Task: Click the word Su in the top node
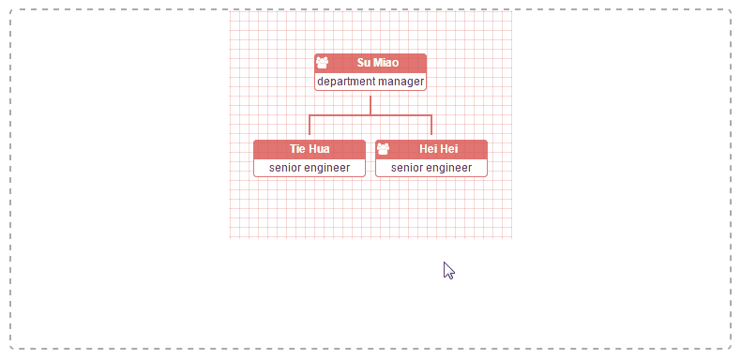click(364, 63)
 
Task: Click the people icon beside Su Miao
click(322, 63)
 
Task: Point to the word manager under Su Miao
click(401, 82)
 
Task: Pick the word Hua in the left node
click(319, 149)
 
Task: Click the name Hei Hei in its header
click(439, 149)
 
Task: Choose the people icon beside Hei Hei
click(383, 149)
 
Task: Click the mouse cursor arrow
click(448, 270)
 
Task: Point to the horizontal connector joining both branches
click(370, 115)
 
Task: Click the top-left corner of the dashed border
click(11, 11)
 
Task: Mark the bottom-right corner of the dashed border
click(729, 348)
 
